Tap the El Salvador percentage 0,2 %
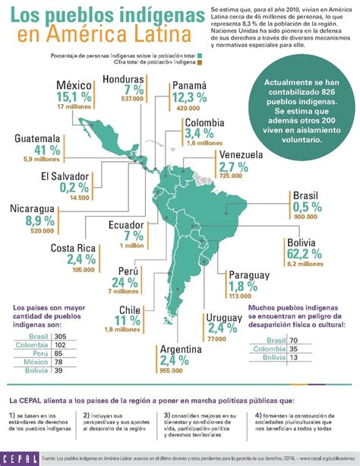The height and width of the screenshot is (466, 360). pos(58,187)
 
